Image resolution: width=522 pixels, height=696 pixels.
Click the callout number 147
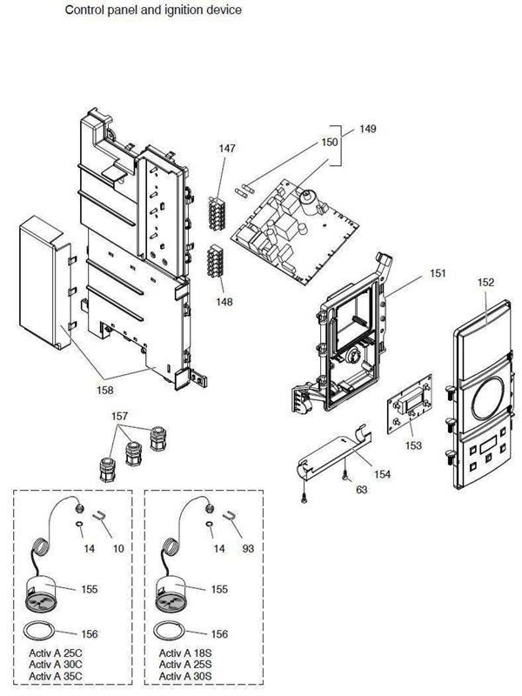pyautogui.click(x=227, y=149)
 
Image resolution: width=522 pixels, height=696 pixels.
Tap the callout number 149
pyautogui.click(x=368, y=129)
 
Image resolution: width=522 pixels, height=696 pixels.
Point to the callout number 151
pyautogui.click(x=438, y=273)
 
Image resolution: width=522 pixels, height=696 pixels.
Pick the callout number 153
pyautogui.click(x=413, y=445)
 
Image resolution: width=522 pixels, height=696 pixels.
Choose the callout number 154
pyautogui.click(x=383, y=475)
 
